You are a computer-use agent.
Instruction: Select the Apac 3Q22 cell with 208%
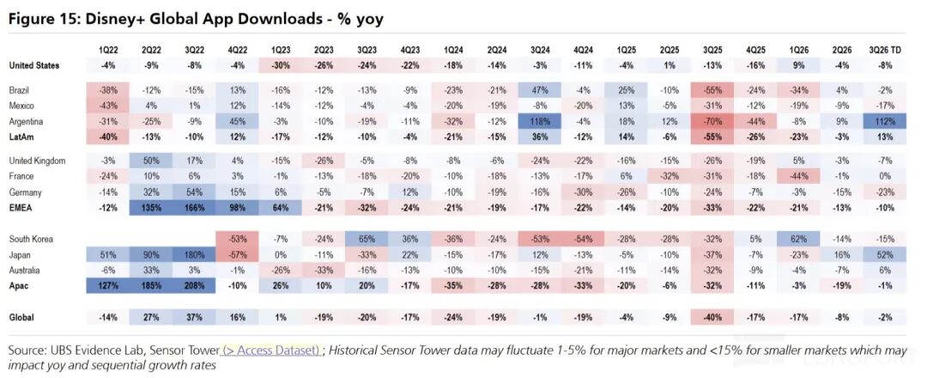[x=193, y=285]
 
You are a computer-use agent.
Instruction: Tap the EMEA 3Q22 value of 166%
[x=193, y=207]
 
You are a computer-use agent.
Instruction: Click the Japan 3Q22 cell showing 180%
[x=193, y=254]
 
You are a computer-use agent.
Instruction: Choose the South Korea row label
[x=31, y=239]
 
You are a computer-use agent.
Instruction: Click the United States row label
[x=33, y=65]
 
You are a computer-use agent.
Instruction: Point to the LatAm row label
[x=20, y=136]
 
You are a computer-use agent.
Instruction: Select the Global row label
[x=21, y=317]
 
